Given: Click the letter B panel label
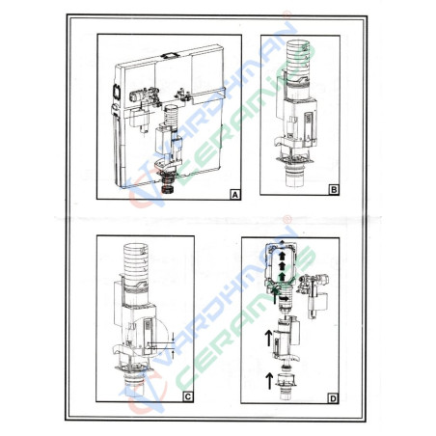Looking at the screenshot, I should (333, 191).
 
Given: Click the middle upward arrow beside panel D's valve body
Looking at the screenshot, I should (267, 337).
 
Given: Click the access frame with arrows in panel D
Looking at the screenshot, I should (282, 265).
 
